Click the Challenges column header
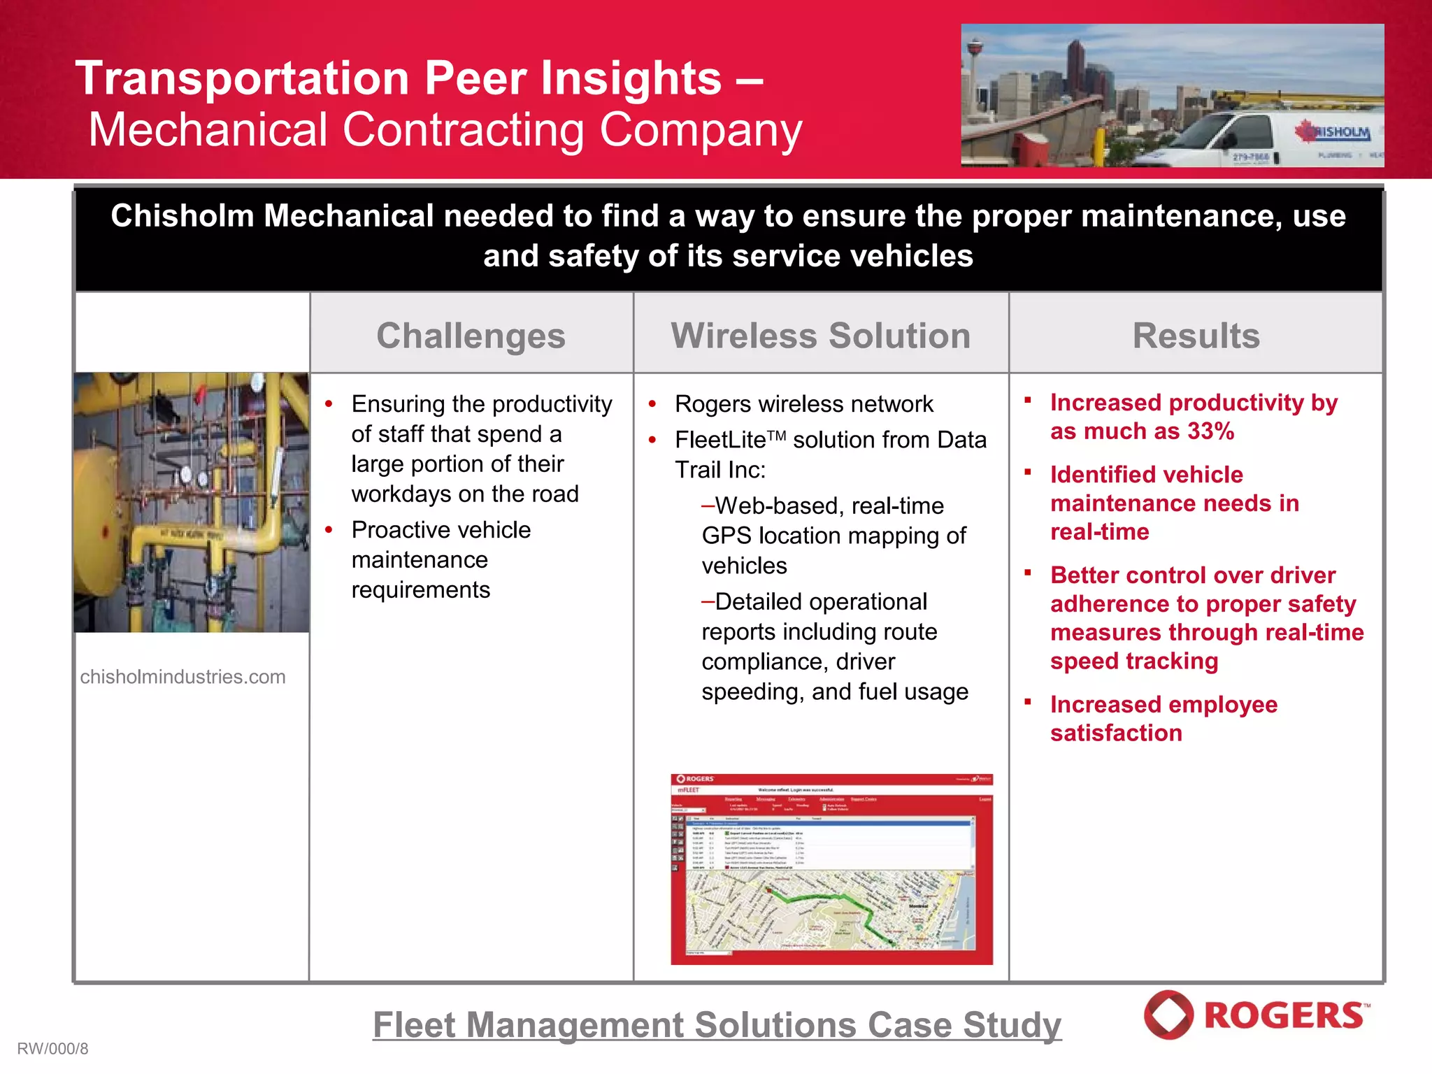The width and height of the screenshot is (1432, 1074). pos(471,336)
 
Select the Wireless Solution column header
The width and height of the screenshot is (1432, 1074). pos(821,336)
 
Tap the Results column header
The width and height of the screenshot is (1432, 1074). pos(1196,336)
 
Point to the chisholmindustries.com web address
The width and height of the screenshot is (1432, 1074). pos(182,677)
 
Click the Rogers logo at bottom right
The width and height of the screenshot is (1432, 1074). pos(1256,1015)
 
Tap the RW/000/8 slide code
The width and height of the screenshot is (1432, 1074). pos(52,1049)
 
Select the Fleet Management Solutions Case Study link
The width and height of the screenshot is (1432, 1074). pos(717,1025)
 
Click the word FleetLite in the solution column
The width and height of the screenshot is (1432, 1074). pos(720,441)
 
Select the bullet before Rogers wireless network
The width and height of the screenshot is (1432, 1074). pos(652,404)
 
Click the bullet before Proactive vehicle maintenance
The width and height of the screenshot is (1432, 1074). pos(329,530)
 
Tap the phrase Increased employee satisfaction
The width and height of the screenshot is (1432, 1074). pos(1163,719)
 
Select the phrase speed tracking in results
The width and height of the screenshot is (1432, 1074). pos(1133,661)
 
